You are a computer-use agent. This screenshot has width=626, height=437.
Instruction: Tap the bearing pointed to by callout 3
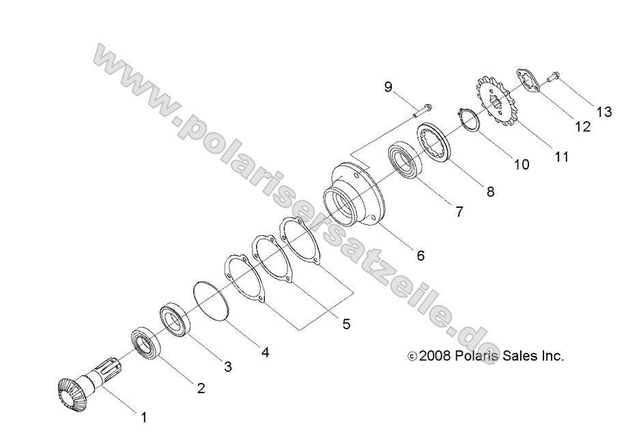pos(175,321)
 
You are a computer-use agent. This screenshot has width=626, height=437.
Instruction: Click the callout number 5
pos(346,323)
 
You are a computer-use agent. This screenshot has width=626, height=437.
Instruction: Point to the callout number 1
pos(143,415)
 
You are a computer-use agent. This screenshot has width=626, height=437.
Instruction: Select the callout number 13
pos(604,112)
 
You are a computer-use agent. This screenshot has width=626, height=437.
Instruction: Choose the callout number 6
pos(421,256)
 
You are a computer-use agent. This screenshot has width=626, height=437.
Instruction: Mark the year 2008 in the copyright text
pos(433,356)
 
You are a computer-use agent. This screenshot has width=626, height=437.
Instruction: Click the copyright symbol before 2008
pos(412,356)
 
